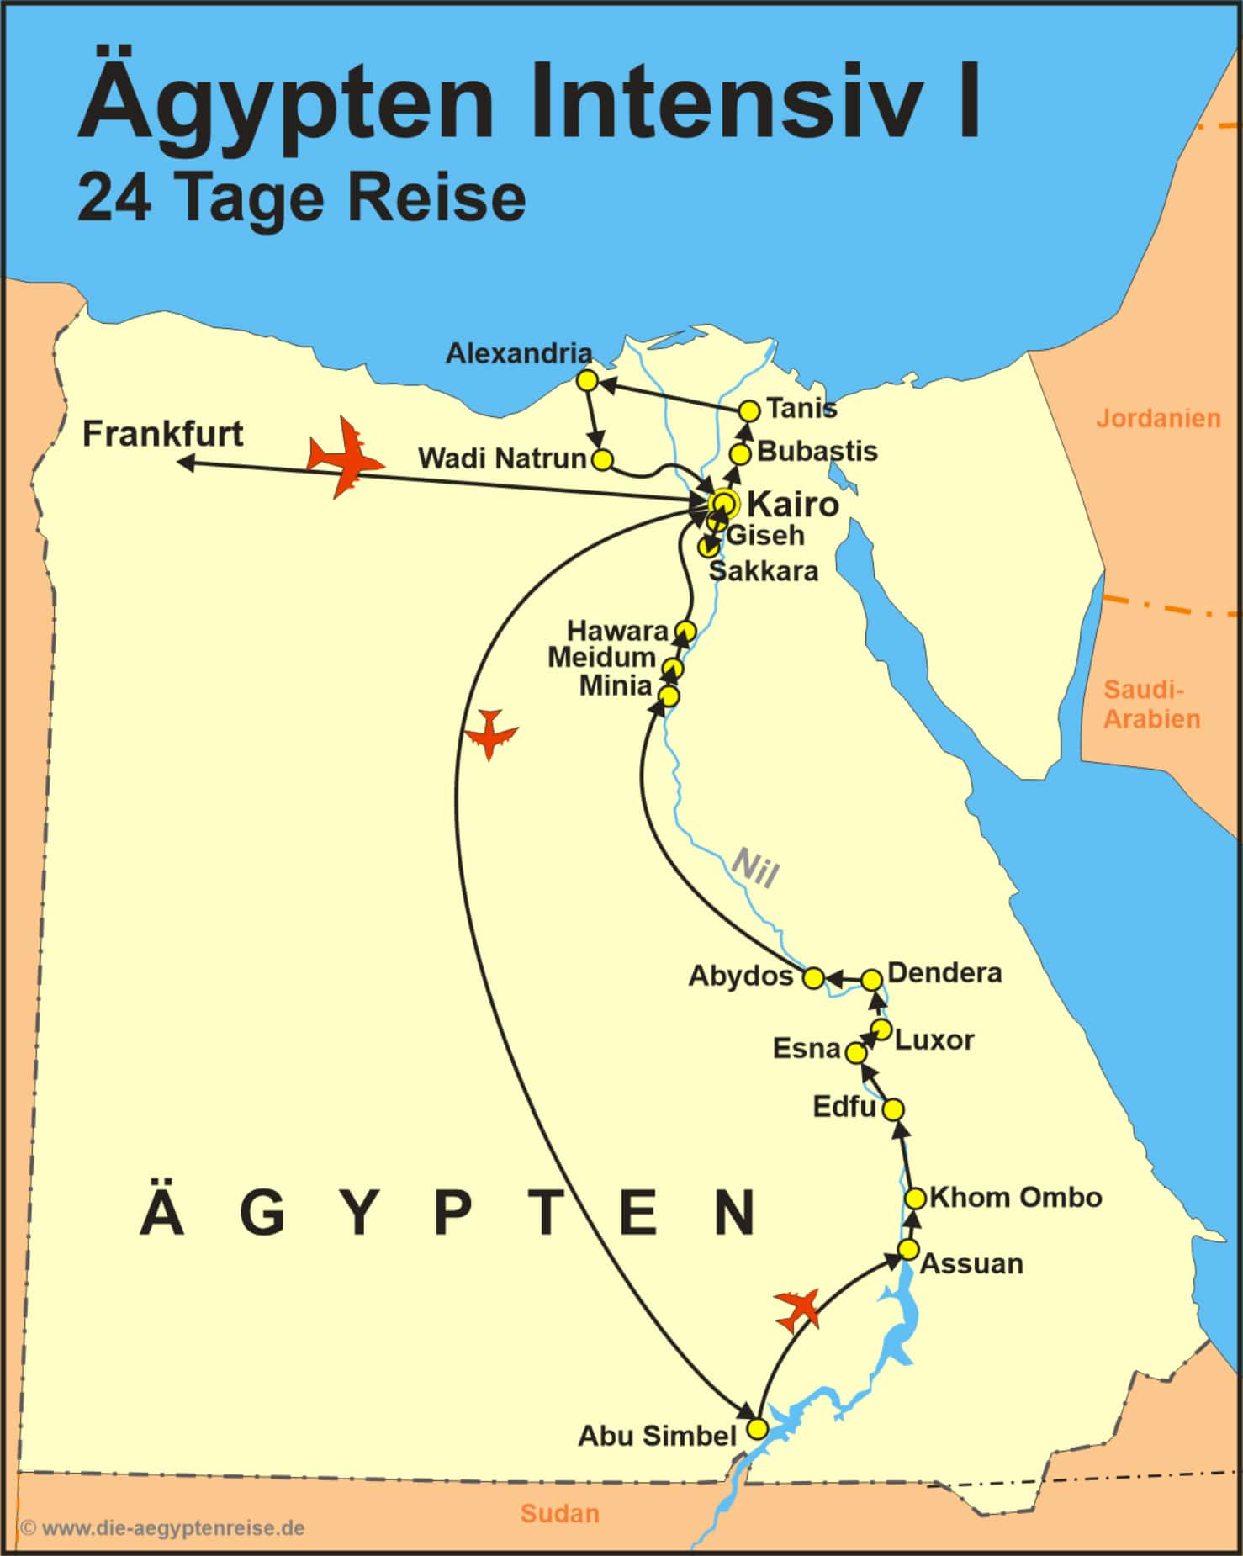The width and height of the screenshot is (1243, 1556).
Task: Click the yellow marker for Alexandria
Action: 588,381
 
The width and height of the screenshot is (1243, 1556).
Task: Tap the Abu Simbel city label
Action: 657,1435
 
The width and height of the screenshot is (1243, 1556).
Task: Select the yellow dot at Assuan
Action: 907,1249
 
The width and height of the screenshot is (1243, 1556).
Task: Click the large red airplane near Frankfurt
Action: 344,458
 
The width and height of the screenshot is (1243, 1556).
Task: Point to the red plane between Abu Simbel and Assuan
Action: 796,1310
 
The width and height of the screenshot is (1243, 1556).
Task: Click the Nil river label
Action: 754,868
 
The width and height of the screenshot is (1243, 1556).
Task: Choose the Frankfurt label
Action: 162,434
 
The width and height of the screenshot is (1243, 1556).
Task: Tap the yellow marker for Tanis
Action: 748,410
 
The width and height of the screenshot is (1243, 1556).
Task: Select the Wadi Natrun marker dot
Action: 602,460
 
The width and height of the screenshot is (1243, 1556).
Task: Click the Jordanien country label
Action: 1157,418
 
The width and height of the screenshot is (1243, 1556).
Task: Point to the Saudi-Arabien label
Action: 1151,704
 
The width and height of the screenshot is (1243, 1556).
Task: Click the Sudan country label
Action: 559,1513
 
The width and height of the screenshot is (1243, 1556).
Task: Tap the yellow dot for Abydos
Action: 813,978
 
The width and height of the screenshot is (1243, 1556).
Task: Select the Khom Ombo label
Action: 1015,1197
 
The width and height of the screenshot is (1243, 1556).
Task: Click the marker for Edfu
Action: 893,1110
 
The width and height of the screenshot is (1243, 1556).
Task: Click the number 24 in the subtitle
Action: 114,198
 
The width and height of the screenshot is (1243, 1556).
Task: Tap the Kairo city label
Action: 792,505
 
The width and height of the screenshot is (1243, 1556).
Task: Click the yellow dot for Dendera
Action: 872,980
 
